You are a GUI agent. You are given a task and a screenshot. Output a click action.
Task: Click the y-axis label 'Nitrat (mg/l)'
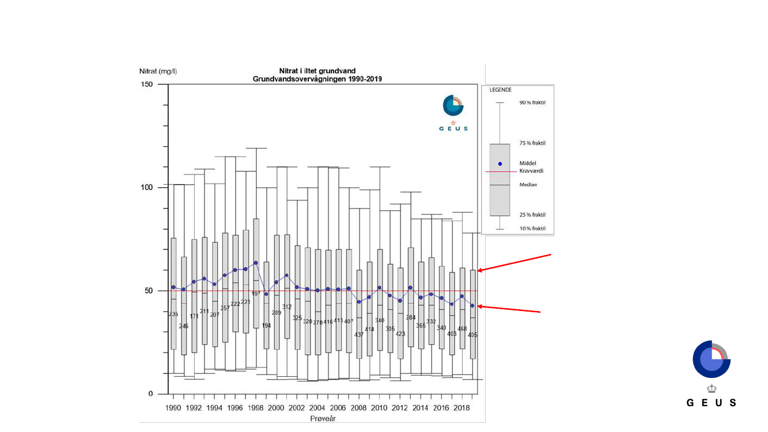click(x=158, y=71)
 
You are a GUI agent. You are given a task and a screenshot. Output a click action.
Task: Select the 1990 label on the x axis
click(x=173, y=408)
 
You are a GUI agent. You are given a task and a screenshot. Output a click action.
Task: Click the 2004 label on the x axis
click(x=317, y=408)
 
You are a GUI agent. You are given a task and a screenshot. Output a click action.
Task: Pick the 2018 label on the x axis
click(x=461, y=408)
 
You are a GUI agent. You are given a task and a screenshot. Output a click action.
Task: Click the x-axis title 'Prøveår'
click(x=323, y=419)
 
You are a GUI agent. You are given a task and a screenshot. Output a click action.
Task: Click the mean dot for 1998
click(x=256, y=263)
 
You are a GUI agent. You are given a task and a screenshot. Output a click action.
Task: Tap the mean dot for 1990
click(x=173, y=287)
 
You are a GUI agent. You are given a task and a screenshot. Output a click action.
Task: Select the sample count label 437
click(x=359, y=335)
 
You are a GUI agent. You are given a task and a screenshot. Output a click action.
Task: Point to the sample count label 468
click(x=462, y=329)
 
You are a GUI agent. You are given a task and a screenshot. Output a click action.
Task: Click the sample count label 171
click(x=194, y=316)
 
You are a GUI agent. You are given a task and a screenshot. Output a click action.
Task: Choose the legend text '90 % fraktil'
click(x=532, y=103)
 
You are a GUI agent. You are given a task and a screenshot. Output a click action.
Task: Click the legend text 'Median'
click(x=528, y=185)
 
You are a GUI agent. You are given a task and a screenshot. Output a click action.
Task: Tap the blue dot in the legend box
click(x=500, y=164)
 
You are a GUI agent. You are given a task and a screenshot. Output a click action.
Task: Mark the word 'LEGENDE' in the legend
click(x=501, y=90)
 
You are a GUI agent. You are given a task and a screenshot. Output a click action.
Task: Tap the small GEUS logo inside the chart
click(x=453, y=113)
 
